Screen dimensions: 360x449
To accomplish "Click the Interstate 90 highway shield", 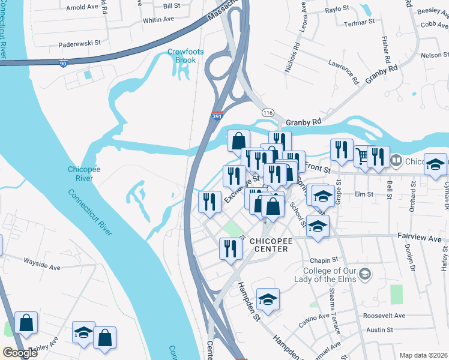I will [x=63, y=62].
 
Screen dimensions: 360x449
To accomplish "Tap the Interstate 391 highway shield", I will [x=217, y=117].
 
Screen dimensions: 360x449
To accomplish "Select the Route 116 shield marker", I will [x=268, y=112].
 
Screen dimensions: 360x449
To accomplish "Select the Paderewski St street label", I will [x=79, y=44].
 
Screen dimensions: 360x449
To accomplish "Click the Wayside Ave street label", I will [x=43, y=262].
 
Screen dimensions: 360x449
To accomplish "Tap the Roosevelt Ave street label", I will [x=384, y=316].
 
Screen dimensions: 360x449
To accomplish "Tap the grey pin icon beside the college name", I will [x=367, y=274].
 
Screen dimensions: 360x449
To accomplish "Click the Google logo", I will [x=19, y=352].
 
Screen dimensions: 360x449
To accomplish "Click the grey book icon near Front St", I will [x=396, y=161].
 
